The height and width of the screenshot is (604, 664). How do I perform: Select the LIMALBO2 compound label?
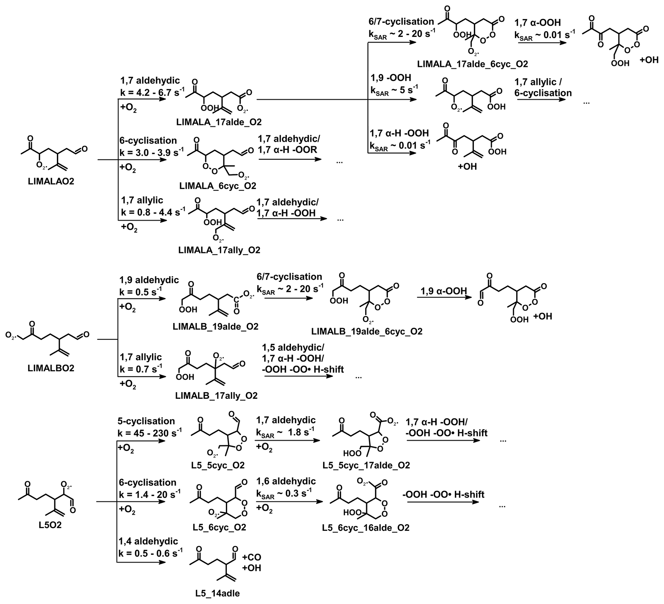51,368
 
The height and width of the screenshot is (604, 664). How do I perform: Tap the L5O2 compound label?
50,525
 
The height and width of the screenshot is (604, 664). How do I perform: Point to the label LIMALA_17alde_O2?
219,122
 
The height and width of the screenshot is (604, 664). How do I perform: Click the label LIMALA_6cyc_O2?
218,186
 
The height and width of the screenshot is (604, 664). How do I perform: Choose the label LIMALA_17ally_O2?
219,250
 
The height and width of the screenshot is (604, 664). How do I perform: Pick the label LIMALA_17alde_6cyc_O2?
473,64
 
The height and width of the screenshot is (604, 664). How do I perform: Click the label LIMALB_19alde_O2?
216,327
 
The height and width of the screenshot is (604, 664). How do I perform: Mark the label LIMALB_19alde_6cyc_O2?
367,331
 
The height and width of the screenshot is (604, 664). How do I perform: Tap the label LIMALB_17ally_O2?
217,395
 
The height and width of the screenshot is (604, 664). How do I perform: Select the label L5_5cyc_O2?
218,465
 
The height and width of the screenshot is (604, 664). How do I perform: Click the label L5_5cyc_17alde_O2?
366,465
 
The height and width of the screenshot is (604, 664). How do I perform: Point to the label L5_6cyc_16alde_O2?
366,528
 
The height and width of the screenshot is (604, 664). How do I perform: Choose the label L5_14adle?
217,593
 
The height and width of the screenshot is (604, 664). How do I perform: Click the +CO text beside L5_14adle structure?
252,557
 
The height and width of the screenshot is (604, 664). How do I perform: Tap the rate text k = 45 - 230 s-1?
149,433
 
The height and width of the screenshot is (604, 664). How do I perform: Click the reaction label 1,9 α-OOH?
444,291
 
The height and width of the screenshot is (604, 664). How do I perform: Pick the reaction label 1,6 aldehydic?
286,481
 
